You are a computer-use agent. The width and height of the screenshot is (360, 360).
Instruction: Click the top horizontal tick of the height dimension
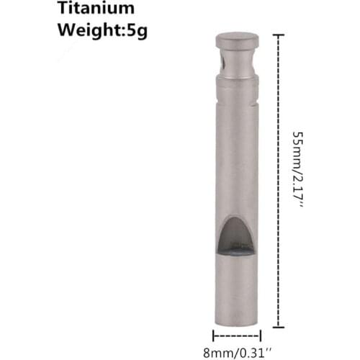(279, 34)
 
